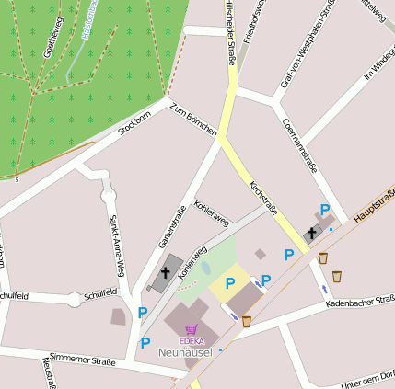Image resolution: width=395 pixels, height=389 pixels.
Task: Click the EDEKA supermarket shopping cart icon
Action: (192, 328)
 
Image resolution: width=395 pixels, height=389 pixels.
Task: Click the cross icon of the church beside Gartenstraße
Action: (166, 271)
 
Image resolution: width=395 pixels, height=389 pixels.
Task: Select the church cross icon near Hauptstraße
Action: (312, 233)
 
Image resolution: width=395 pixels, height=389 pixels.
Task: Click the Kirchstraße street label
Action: (264, 199)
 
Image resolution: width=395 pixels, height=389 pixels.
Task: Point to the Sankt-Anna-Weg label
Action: (116, 246)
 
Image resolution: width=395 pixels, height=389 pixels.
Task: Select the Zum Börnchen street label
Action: (192, 120)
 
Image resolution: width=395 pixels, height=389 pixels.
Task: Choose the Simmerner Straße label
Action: (82, 360)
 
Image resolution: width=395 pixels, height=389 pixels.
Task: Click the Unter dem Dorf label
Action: (368, 377)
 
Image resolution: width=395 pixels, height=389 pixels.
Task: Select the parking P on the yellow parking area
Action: (230, 283)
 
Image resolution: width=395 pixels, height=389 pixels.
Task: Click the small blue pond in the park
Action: (205, 269)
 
